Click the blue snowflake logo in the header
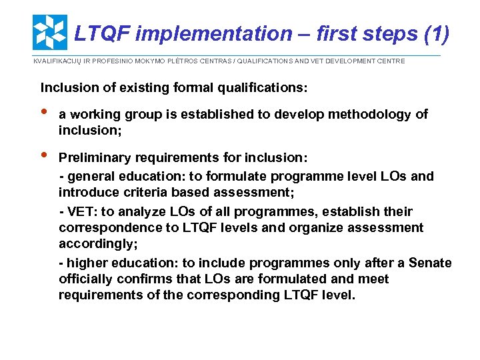coord(50,32)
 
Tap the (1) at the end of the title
coord(435,33)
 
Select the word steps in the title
coord(389,33)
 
